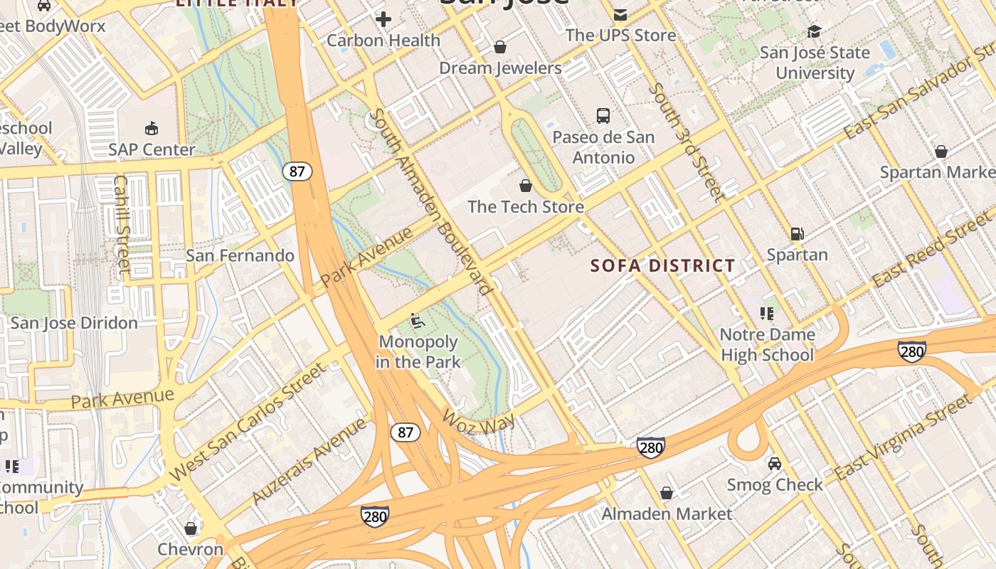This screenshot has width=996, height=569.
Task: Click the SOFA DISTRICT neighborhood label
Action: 663,266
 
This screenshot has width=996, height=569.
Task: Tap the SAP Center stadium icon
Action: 151,129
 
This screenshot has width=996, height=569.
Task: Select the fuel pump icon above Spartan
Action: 798,234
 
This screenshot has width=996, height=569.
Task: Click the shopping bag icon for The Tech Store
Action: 526,186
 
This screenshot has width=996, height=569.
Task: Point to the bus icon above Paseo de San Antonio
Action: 603,116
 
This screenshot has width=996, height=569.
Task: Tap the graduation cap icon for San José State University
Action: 814,32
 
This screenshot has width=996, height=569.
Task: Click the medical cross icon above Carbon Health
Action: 383,19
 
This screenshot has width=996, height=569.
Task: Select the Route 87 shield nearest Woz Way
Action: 406,432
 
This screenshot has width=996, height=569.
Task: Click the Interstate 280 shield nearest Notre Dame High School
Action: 911,351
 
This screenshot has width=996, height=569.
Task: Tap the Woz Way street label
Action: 477,422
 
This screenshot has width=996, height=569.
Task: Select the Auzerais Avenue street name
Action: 311,460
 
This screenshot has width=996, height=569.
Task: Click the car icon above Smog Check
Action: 775,464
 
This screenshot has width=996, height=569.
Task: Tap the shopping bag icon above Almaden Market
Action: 667,493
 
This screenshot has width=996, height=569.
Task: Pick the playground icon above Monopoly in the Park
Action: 418,321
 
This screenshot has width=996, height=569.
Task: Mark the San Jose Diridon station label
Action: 74,323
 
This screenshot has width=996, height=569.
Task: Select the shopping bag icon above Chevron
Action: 190,528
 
